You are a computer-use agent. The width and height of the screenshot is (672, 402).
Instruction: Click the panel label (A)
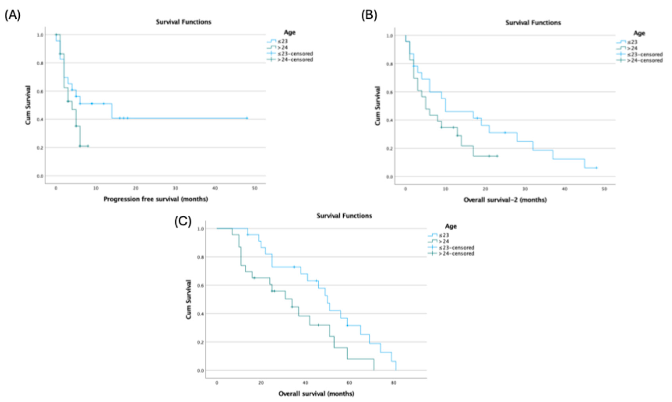tap(12, 15)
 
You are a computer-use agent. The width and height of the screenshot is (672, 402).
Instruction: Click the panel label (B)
tap(369, 15)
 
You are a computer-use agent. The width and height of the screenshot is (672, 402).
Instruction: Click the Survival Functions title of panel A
tap(184, 22)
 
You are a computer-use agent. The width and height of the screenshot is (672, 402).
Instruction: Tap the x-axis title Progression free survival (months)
tap(156, 199)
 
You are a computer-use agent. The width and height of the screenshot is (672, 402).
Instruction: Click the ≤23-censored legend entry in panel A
tap(295, 54)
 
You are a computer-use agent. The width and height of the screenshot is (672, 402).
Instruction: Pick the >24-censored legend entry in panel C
tap(456, 254)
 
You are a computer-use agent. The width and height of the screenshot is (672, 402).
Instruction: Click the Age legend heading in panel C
tap(451, 226)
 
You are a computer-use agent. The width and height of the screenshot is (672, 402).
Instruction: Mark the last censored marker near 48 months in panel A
tap(247, 118)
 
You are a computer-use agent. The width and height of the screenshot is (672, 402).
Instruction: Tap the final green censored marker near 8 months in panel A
tap(87, 146)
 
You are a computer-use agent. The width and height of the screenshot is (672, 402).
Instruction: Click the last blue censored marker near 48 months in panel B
tap(596, 168)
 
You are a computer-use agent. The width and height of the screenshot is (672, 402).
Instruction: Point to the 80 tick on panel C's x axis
tap(393, 383)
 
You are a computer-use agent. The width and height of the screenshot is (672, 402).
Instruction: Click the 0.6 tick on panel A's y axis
tap(40, 91)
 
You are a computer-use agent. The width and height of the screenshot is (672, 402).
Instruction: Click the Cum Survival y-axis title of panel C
tap(189, 299)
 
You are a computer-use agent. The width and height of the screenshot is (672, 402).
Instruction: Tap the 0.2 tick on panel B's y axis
tap(390, 148)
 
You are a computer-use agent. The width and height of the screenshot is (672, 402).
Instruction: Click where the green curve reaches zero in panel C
tap(374, 370)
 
